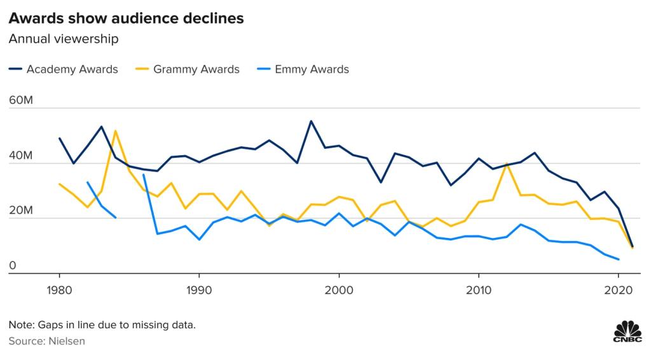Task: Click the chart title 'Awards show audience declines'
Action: tap(126, 18)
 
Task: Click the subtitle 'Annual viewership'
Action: tap(64, 39)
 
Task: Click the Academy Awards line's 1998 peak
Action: tap(311, 121)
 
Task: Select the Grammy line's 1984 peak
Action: tap(115, 131)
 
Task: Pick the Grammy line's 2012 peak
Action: tap(506, 163)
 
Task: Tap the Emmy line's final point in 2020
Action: tap(618, 260)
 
